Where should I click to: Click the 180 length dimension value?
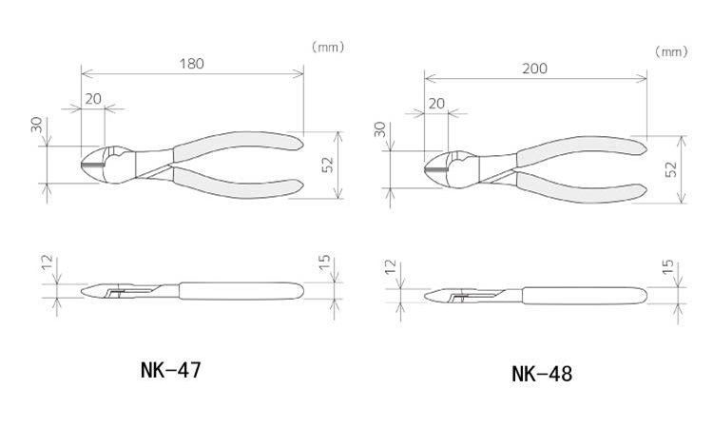pyautogui.click(x=191, y=64)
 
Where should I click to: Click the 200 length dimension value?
pyautogui.click(x=534, y=68)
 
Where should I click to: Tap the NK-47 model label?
pyautogui.click(x=170, y=370)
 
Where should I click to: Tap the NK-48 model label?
pyautogui.click(x=542, y=375)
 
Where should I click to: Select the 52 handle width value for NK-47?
pyautogui.click(x=327, y=165)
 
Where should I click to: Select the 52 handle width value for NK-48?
pyautogui.click(x=671, y=169)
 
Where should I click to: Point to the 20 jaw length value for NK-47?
pyautogui.click(x=93, y=99)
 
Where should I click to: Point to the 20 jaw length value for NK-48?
pyautogui.click(x=436, y=104)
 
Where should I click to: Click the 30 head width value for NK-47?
pyautogui.click(x=36, y=125)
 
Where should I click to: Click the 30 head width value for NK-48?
pyautogui.click(x=379, y=129)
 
